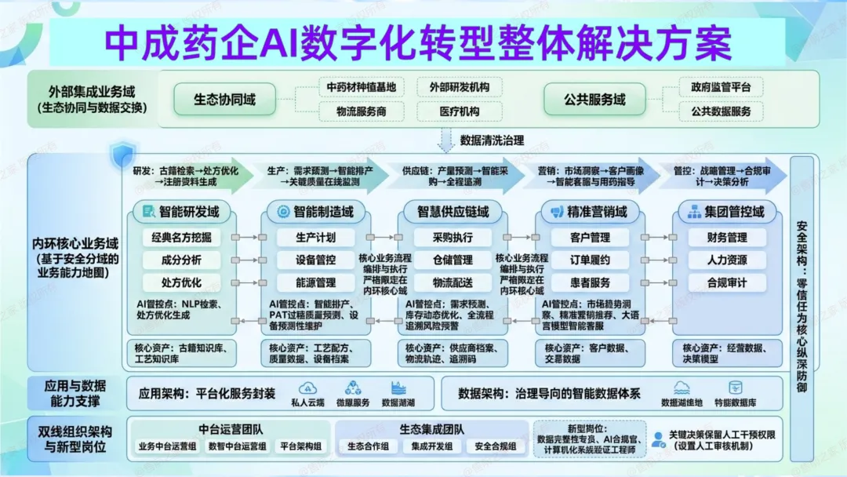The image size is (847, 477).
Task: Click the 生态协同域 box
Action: click(225, 100)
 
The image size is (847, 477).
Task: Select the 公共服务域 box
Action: click(594, 100)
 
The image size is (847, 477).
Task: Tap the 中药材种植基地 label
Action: click(362, 87)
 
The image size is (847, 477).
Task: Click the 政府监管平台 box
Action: click(721, 87)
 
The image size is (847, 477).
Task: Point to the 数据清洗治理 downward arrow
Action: click(446, 140)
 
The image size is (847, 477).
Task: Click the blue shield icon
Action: click(122, 153)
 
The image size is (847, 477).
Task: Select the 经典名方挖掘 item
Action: click(181, 237)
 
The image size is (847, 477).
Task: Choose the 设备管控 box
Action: click(316, 260)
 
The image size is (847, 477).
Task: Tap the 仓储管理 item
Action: click(453, 260)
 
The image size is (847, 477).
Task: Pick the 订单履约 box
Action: click(591, 260)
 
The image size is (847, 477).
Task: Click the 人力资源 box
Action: click(727, 260)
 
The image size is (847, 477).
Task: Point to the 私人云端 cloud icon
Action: click(308, 388)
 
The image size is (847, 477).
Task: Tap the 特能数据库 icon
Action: click(736, 388)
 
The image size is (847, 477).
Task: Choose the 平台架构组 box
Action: click(300, 446)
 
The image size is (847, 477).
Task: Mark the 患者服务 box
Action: click(591, 282)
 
